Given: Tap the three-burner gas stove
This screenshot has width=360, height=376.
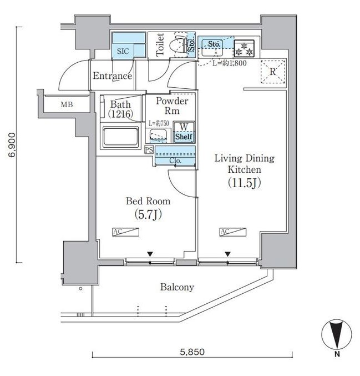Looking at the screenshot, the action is point(244,49).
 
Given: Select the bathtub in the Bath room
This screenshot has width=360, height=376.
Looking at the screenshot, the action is point(120,137).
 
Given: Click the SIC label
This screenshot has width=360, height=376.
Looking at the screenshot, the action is point(123,51).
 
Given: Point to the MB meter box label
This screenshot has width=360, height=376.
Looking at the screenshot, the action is point(67,104).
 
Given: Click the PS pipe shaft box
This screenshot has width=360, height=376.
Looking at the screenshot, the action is point(149,150).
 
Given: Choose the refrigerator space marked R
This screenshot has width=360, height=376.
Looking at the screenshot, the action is point(273,72).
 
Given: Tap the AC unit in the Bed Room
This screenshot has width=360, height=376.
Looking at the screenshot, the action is point(126,232).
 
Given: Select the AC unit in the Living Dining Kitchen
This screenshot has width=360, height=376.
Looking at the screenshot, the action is point(233,232).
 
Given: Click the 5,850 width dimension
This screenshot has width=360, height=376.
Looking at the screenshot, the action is point(192,352).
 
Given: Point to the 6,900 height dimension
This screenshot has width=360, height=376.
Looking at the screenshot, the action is point(12,145).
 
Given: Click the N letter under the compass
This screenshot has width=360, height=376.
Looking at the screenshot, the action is point(337,354).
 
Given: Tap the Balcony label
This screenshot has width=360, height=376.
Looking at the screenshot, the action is point(177,287).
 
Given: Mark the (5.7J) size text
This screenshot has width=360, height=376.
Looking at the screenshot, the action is point(148,214).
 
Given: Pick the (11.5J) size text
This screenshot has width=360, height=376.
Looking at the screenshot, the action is point(244,183).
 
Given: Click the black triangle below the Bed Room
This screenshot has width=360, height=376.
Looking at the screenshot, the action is point(150,254).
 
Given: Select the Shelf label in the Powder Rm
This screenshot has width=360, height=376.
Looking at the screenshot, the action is point(184,137).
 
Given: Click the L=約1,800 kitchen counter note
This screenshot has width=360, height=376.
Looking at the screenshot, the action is point(230,63).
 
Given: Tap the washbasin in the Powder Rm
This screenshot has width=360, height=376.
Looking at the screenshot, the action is point(158,136).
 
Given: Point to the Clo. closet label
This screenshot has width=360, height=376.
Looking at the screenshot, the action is point(175,161).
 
